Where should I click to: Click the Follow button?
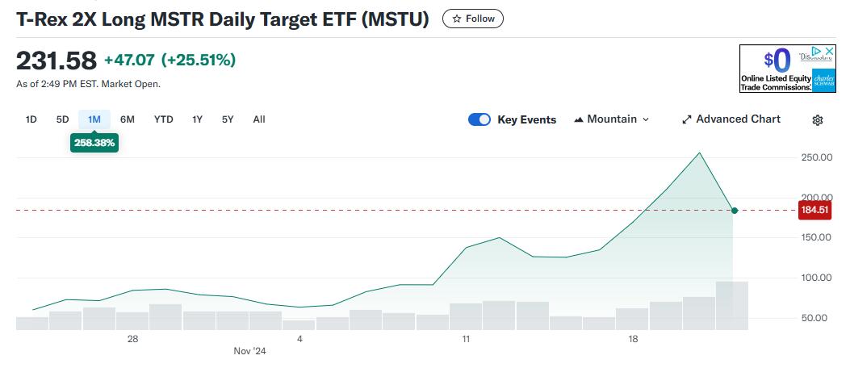(x=473, y=19)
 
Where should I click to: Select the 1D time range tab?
(x=31, y=119)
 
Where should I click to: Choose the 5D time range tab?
(x=62, y=119)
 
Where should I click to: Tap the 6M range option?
(x=128, y=119)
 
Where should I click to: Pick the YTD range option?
(x=164, y=119)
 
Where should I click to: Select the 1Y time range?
(x=197, y=119)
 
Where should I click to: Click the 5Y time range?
(x=228, y=119)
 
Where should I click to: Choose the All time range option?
(x=258, y=119)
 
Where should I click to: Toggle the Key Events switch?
(x=479, y=119)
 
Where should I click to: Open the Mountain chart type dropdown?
(x=611, y=119)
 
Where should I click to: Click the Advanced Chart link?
(x=731, y=119)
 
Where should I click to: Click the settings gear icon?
(x=817, y=120)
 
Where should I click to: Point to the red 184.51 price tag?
(x=813, y=211)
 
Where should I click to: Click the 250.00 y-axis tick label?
(x=815, y=157)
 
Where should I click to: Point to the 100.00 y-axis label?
(x=815, y=278)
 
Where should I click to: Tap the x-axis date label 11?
(x=466, y=339)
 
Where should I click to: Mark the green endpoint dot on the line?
(x=734, y=211)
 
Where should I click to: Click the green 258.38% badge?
(x=94, y=143)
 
